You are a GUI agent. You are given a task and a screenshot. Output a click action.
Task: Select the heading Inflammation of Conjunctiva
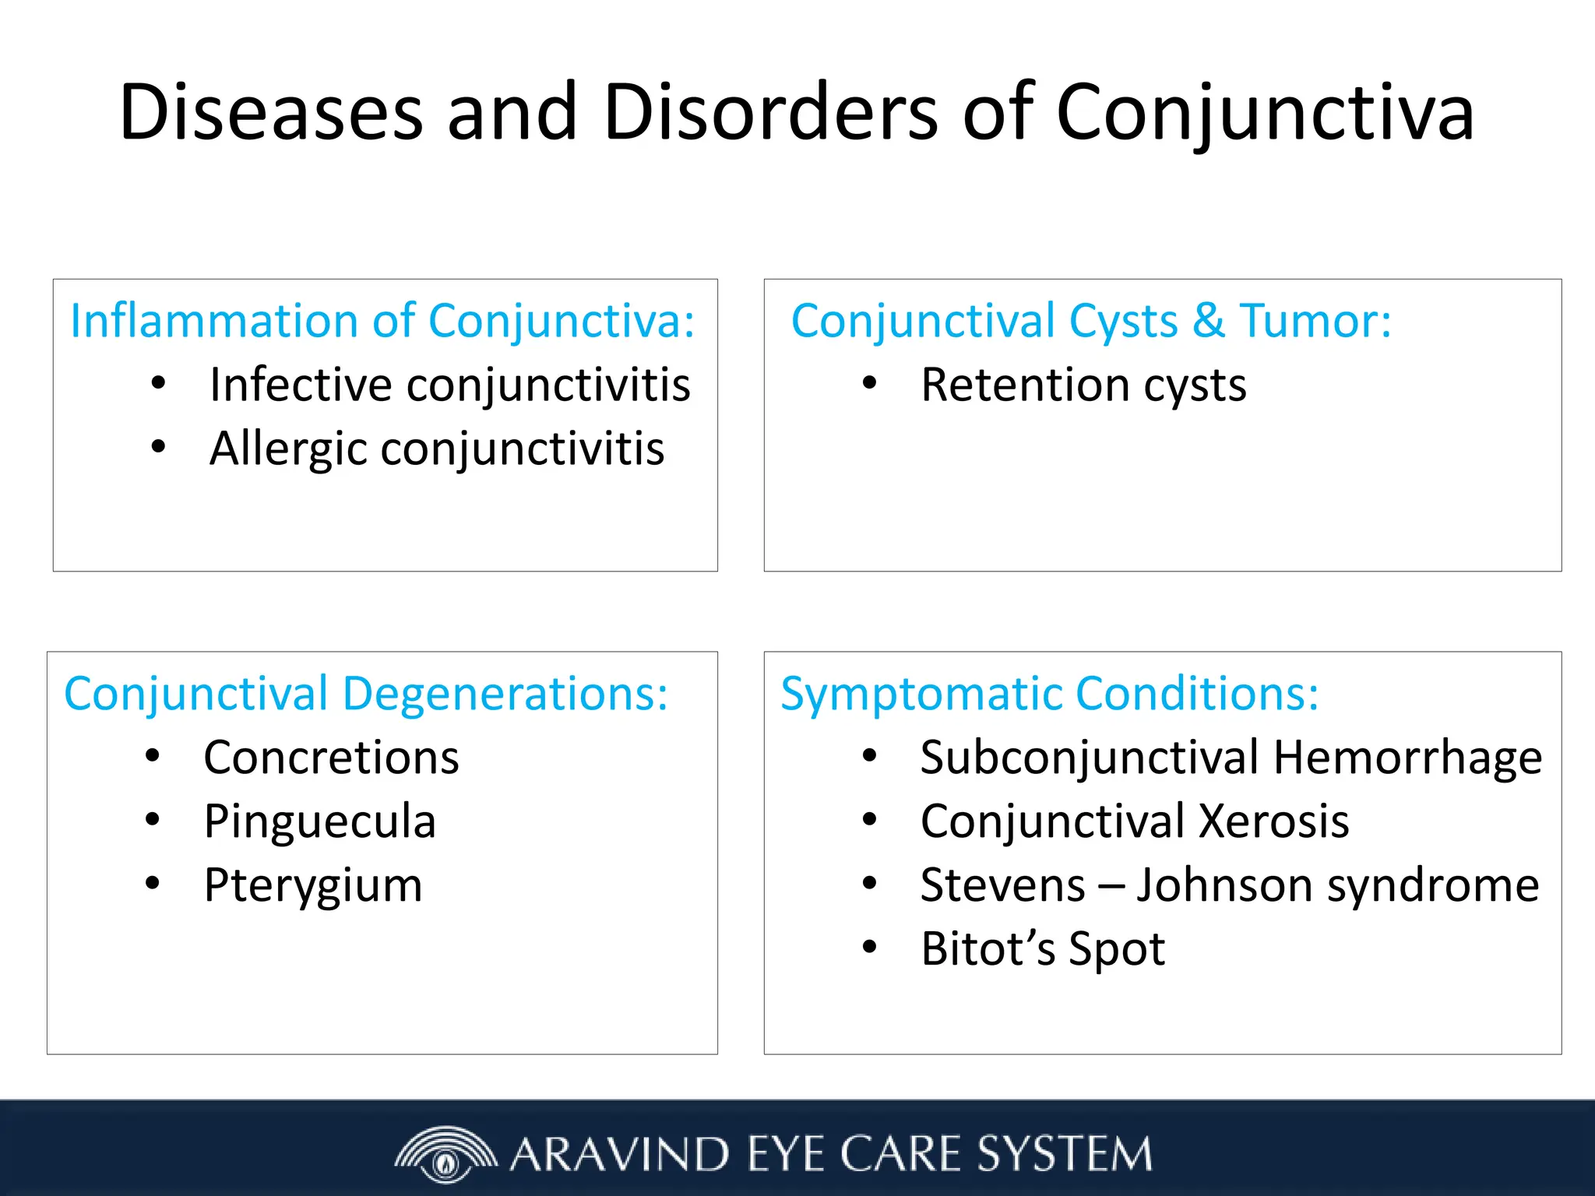382,321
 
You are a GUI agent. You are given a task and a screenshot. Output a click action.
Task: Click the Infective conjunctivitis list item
449,385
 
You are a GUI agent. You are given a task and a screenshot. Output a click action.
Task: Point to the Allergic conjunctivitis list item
436,448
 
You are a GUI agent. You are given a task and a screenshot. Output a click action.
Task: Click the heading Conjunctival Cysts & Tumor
1090,321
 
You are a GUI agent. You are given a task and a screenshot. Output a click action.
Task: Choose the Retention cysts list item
1083,385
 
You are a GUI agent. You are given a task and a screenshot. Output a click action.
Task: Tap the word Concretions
331,757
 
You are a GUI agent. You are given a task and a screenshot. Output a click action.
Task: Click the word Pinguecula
319,821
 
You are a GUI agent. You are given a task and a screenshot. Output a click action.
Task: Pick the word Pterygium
313,885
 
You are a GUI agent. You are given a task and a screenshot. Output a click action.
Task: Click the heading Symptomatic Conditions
1049,693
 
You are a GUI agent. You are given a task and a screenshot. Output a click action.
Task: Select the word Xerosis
1273,821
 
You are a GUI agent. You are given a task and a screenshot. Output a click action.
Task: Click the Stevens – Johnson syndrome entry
1229,885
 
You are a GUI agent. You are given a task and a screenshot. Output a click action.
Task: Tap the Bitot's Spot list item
1042,948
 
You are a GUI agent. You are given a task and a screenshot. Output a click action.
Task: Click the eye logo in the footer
445,1154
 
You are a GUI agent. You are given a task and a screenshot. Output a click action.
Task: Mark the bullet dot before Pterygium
153,883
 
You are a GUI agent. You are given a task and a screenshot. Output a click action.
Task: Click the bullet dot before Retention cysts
870,382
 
